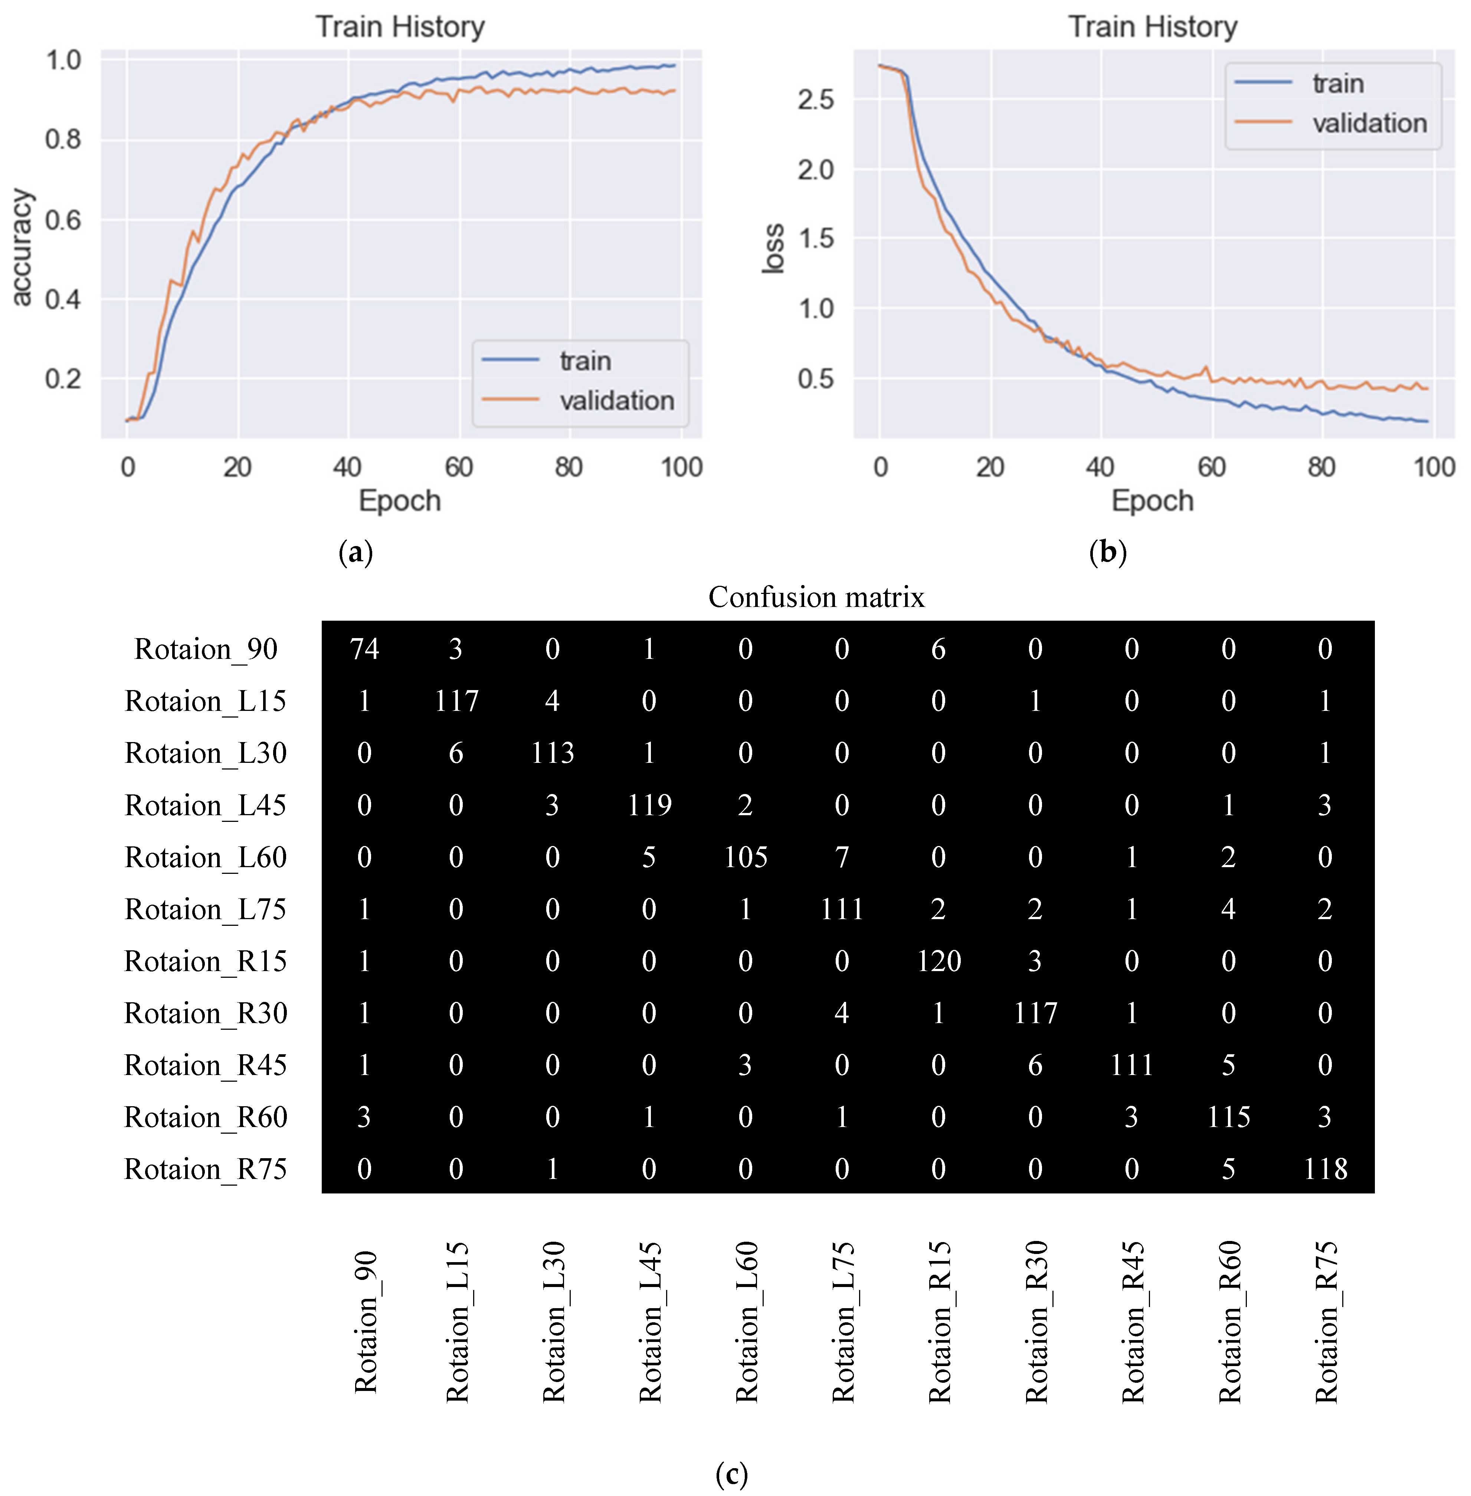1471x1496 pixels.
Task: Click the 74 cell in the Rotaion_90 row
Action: (x=364, y=649)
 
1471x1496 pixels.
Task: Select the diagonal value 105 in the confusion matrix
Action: (x=746, y=857)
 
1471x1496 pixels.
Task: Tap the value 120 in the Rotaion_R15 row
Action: (x=939, y=961)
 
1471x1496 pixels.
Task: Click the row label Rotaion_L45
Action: (x=206, y=805)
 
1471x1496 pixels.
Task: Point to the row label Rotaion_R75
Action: (x=206, y=1169)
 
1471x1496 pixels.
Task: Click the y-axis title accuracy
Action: (x=22, y=247)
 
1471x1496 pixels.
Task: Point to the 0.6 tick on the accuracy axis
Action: (x=63, y=220)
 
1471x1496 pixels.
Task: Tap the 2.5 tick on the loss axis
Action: (x=816, y=100)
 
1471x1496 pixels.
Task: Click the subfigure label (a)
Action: (x=356, y=552)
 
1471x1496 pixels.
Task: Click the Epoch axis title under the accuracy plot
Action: (x=399, y=501)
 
